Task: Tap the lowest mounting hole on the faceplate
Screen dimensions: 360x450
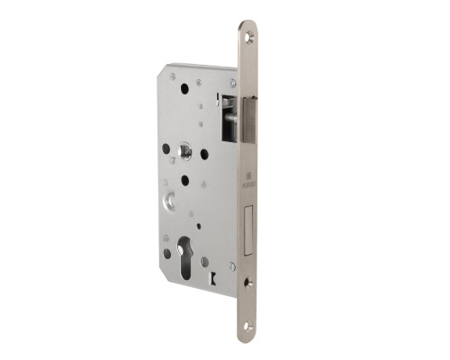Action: (249, 323)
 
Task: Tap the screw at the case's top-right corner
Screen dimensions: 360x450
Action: (232, 82)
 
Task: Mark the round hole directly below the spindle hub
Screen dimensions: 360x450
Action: (184, 180)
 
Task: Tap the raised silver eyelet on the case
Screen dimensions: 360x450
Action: (171, 202)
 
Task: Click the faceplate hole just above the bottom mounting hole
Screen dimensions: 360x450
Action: (249, 282)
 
